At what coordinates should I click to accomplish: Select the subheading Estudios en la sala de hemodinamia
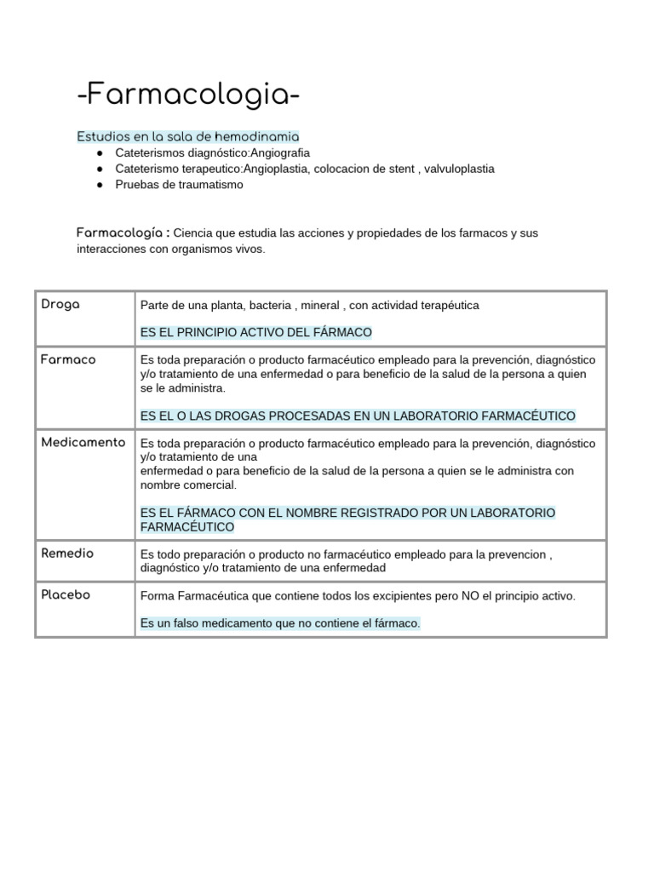[188, 136]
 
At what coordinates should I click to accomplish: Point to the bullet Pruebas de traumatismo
[179, 185]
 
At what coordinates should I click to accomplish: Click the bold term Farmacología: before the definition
[123, 232]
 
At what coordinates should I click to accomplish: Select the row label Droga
[60, 304]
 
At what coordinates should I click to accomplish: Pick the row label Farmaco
[68, 359]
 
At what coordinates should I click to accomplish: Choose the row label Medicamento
[83, 442]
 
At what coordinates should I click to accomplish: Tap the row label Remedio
[67, 553]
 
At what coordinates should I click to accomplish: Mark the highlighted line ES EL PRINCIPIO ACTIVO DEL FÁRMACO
[256, 332]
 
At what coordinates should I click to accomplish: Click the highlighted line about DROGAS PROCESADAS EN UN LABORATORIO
[358, 416]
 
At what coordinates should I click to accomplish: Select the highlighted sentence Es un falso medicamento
[280, 623]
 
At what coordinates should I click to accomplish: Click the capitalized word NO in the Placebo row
[470, 596]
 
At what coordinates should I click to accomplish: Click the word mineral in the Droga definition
[317, 305]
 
